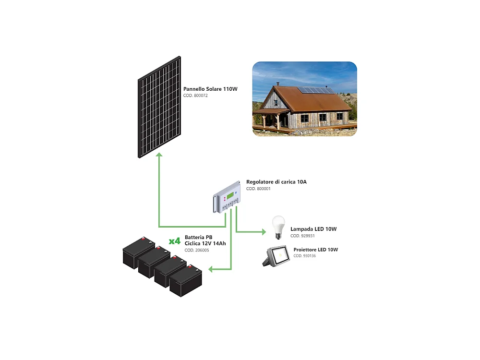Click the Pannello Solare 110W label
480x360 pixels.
click(x=210, y=89)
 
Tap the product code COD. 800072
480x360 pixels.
click(x=195, y=96)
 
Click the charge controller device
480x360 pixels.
click(x=227, y=197)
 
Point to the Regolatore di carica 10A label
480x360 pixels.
click(x=276, y=182)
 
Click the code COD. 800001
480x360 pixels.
click(x=258, y=189)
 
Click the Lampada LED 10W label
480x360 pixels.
click(x=313, y=229)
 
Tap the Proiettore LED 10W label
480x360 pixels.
click(x=315, y=250)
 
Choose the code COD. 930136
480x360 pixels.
click(x=304, y=256)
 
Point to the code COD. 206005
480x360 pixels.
click(x=196, y=251)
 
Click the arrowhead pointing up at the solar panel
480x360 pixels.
click(x=159, y=155)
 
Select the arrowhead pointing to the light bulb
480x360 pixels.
click(x=263, y=232)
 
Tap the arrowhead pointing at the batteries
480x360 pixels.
click(x=211, y=269)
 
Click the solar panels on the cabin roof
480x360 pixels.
click(x=316, y=90)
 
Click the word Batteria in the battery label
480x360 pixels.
click(x=195, y=237)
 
